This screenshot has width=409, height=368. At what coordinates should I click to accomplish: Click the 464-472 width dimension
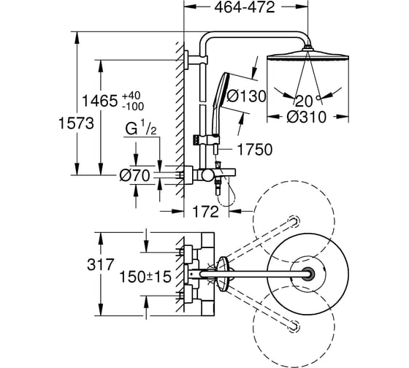[245, 7]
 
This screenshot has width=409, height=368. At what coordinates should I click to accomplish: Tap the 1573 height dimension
[76, 123]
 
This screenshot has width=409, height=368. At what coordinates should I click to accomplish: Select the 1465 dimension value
[99, 101]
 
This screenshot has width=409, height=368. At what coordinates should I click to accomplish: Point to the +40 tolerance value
[131, 96]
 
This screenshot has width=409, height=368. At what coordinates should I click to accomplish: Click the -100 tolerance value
[133, 106]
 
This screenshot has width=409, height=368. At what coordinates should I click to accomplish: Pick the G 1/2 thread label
[141, 128]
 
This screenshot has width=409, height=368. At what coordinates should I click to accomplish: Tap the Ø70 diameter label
[135, 175]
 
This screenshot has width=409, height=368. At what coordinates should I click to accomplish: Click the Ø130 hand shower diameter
[246, 96]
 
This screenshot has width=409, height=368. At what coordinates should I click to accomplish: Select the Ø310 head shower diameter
[307, 117]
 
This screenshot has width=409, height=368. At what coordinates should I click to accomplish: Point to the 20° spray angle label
[307, 101]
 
